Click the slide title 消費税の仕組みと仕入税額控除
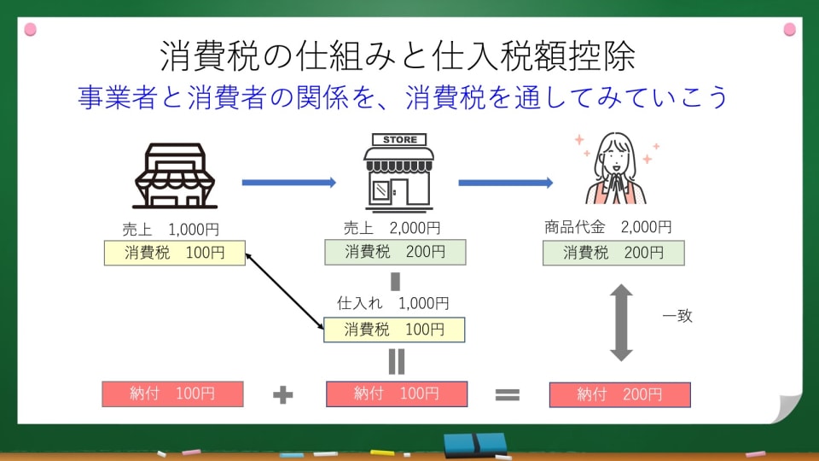[398, 56]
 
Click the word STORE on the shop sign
[399, 139]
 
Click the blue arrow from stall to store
[289, 182]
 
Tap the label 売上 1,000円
[174, 229]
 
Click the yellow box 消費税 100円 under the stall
[174, 253]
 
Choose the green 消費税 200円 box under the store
[395, 252]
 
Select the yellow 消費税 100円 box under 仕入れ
[394, 329]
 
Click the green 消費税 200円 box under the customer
[613, 253]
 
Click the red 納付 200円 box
[619, 394]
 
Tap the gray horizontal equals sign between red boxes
[508, 394]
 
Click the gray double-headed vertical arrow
[620, 322]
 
